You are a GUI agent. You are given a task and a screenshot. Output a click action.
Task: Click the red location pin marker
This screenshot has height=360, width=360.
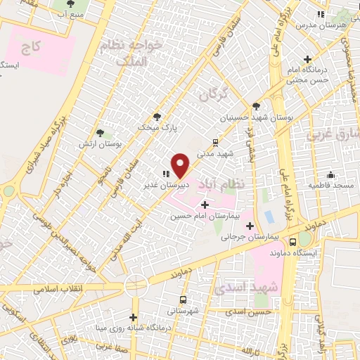181,165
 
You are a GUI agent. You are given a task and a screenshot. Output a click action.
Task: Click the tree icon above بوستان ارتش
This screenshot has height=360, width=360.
101,132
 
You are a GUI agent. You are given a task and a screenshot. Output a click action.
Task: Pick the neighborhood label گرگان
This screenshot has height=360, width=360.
214,94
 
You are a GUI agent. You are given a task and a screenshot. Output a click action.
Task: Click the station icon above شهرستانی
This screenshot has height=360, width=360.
184,299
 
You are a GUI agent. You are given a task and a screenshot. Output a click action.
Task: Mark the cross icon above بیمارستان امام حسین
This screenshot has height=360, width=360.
205,205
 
